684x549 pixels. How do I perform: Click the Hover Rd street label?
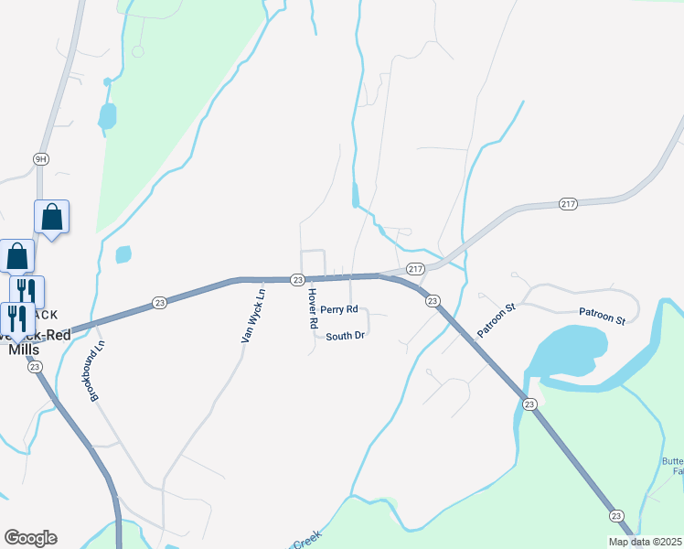tap(312, 308)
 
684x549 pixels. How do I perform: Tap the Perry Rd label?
tap(338, 310)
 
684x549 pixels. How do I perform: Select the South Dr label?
tap(346, 336)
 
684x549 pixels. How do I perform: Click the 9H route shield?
tap(40, 158)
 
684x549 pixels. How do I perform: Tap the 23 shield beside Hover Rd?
tap(297, 278)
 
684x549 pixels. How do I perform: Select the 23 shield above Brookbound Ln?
tap(159, 303)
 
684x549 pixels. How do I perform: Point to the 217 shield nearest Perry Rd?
tap(415, 269)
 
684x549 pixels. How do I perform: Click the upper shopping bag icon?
tap(52, 218)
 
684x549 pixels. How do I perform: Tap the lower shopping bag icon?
tap(17, 256)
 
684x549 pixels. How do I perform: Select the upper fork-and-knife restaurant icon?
tap(27, 291)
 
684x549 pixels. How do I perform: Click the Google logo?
tap(30, 538)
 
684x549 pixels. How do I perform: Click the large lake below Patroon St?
tap(570, 352)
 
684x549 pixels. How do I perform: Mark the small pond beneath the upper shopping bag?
tap(123, 254)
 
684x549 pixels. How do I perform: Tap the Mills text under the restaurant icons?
tap(23, 350)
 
